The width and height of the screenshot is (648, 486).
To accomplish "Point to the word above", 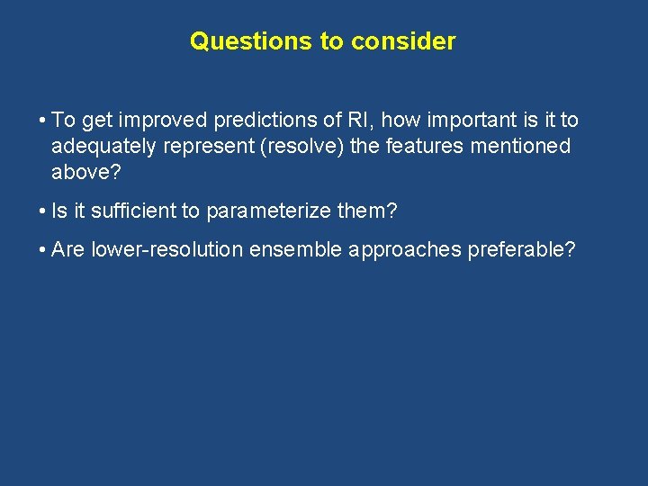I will (x=78, y=172).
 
